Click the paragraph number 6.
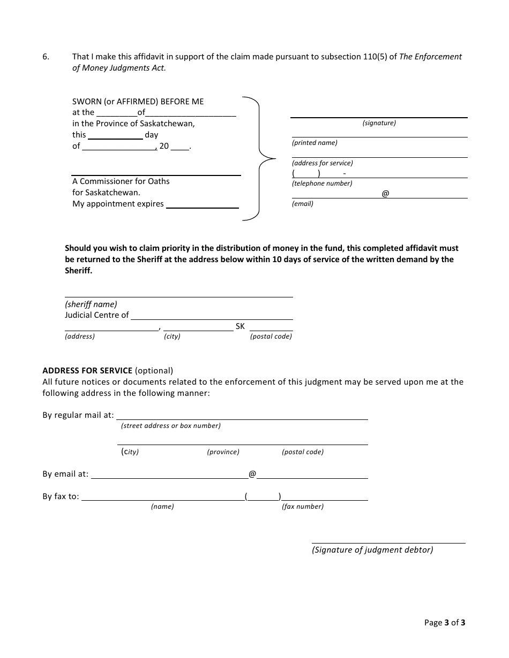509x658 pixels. pyautogui.click(x=46, y=57)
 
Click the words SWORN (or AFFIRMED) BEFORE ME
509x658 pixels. pyautogui.click(x=138, y=101)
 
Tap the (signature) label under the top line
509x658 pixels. pyautogui.click(x=379, y=123)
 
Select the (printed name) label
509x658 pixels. pyautogui.click(x=315, y=143)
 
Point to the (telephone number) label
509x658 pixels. pyautogui.click(x=322, y=183)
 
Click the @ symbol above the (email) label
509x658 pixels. pyautogui.click(x=385, y=194)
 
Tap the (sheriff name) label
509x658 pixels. pyautogui.click(x=91, y=304)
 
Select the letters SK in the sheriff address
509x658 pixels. pyautogui.click(x=240, y=326)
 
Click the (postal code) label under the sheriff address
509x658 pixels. pyautogui.click(x=271, y=336)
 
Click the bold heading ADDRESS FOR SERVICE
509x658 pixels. pyautogui.click(x=87, y=370)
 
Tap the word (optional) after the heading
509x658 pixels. pyautogui.click(x=154, y=370)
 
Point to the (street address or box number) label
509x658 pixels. pyautogui.click(x=171, y=426)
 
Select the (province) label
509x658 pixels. pyautogui.click(x=223, y=452)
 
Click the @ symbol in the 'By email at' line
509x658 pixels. pyautogui.click(x=252, y=474)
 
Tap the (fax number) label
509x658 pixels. pyautogui.click(x=303, y=507)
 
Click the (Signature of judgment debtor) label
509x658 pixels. pyautogui.click(x=372, y=550)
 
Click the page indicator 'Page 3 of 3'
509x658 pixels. pyautogui.click(x=445, y=622)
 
